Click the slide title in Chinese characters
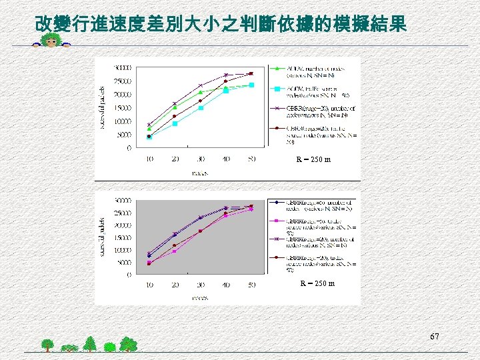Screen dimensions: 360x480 220,25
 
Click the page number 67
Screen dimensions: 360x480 434,337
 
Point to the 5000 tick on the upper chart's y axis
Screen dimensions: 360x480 124,135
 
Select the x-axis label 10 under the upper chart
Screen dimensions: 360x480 148,159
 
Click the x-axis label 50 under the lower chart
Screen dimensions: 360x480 251,285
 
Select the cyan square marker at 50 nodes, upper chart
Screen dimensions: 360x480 251,85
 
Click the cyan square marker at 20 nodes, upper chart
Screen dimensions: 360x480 175,123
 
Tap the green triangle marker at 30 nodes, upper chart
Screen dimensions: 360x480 200,92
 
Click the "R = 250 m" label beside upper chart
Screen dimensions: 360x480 313,159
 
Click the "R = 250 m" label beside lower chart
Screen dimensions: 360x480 317,283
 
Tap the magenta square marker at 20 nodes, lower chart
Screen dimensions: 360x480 175,251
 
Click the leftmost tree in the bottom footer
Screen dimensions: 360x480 47,345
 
